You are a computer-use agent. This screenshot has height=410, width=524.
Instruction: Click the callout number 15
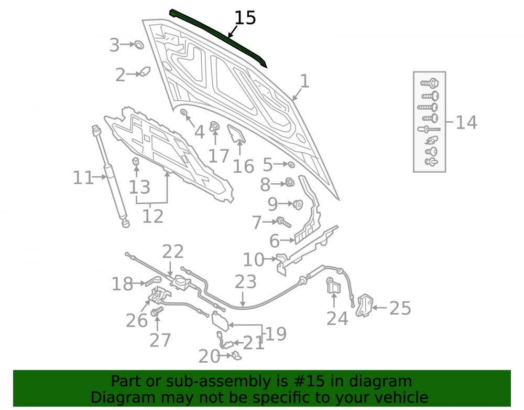tap(245, 18)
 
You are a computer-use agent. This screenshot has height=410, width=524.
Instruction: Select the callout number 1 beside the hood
tap(304, 81)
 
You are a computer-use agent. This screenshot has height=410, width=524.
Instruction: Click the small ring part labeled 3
tap(139, 45)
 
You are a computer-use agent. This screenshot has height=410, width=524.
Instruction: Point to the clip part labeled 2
tap(145, 71)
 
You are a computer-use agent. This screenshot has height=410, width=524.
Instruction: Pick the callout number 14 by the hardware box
tap(466, 122)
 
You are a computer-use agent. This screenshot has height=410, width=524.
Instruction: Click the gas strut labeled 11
tap(111, 176)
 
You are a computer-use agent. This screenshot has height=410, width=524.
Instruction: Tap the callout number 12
tap(152, 216)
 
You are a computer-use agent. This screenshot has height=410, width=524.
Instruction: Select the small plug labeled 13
tap(136, 161)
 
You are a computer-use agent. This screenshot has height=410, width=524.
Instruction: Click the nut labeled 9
tap(298, 204)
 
